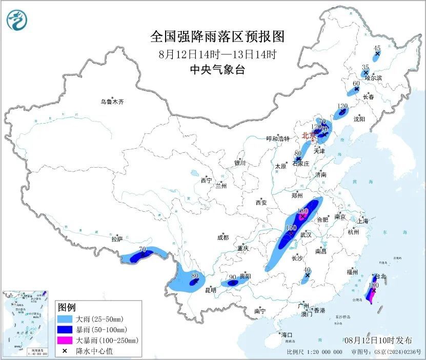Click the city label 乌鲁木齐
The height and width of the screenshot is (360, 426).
pos(112,102)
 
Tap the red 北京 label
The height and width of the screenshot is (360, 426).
pos(309,136)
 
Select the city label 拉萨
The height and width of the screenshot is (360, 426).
pos(117,239)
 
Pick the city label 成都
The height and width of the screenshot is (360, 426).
pos(222,237)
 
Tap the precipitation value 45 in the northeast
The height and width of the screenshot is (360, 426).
pos(377,48)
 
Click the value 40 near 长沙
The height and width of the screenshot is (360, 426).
pos(307,270)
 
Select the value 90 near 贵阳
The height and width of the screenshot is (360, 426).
pos(232,277)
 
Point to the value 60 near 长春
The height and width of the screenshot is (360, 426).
pos(356,84)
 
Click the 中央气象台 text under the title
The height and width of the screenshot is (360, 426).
pos(217,70)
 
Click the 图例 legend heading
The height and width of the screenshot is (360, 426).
pos(67,307)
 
